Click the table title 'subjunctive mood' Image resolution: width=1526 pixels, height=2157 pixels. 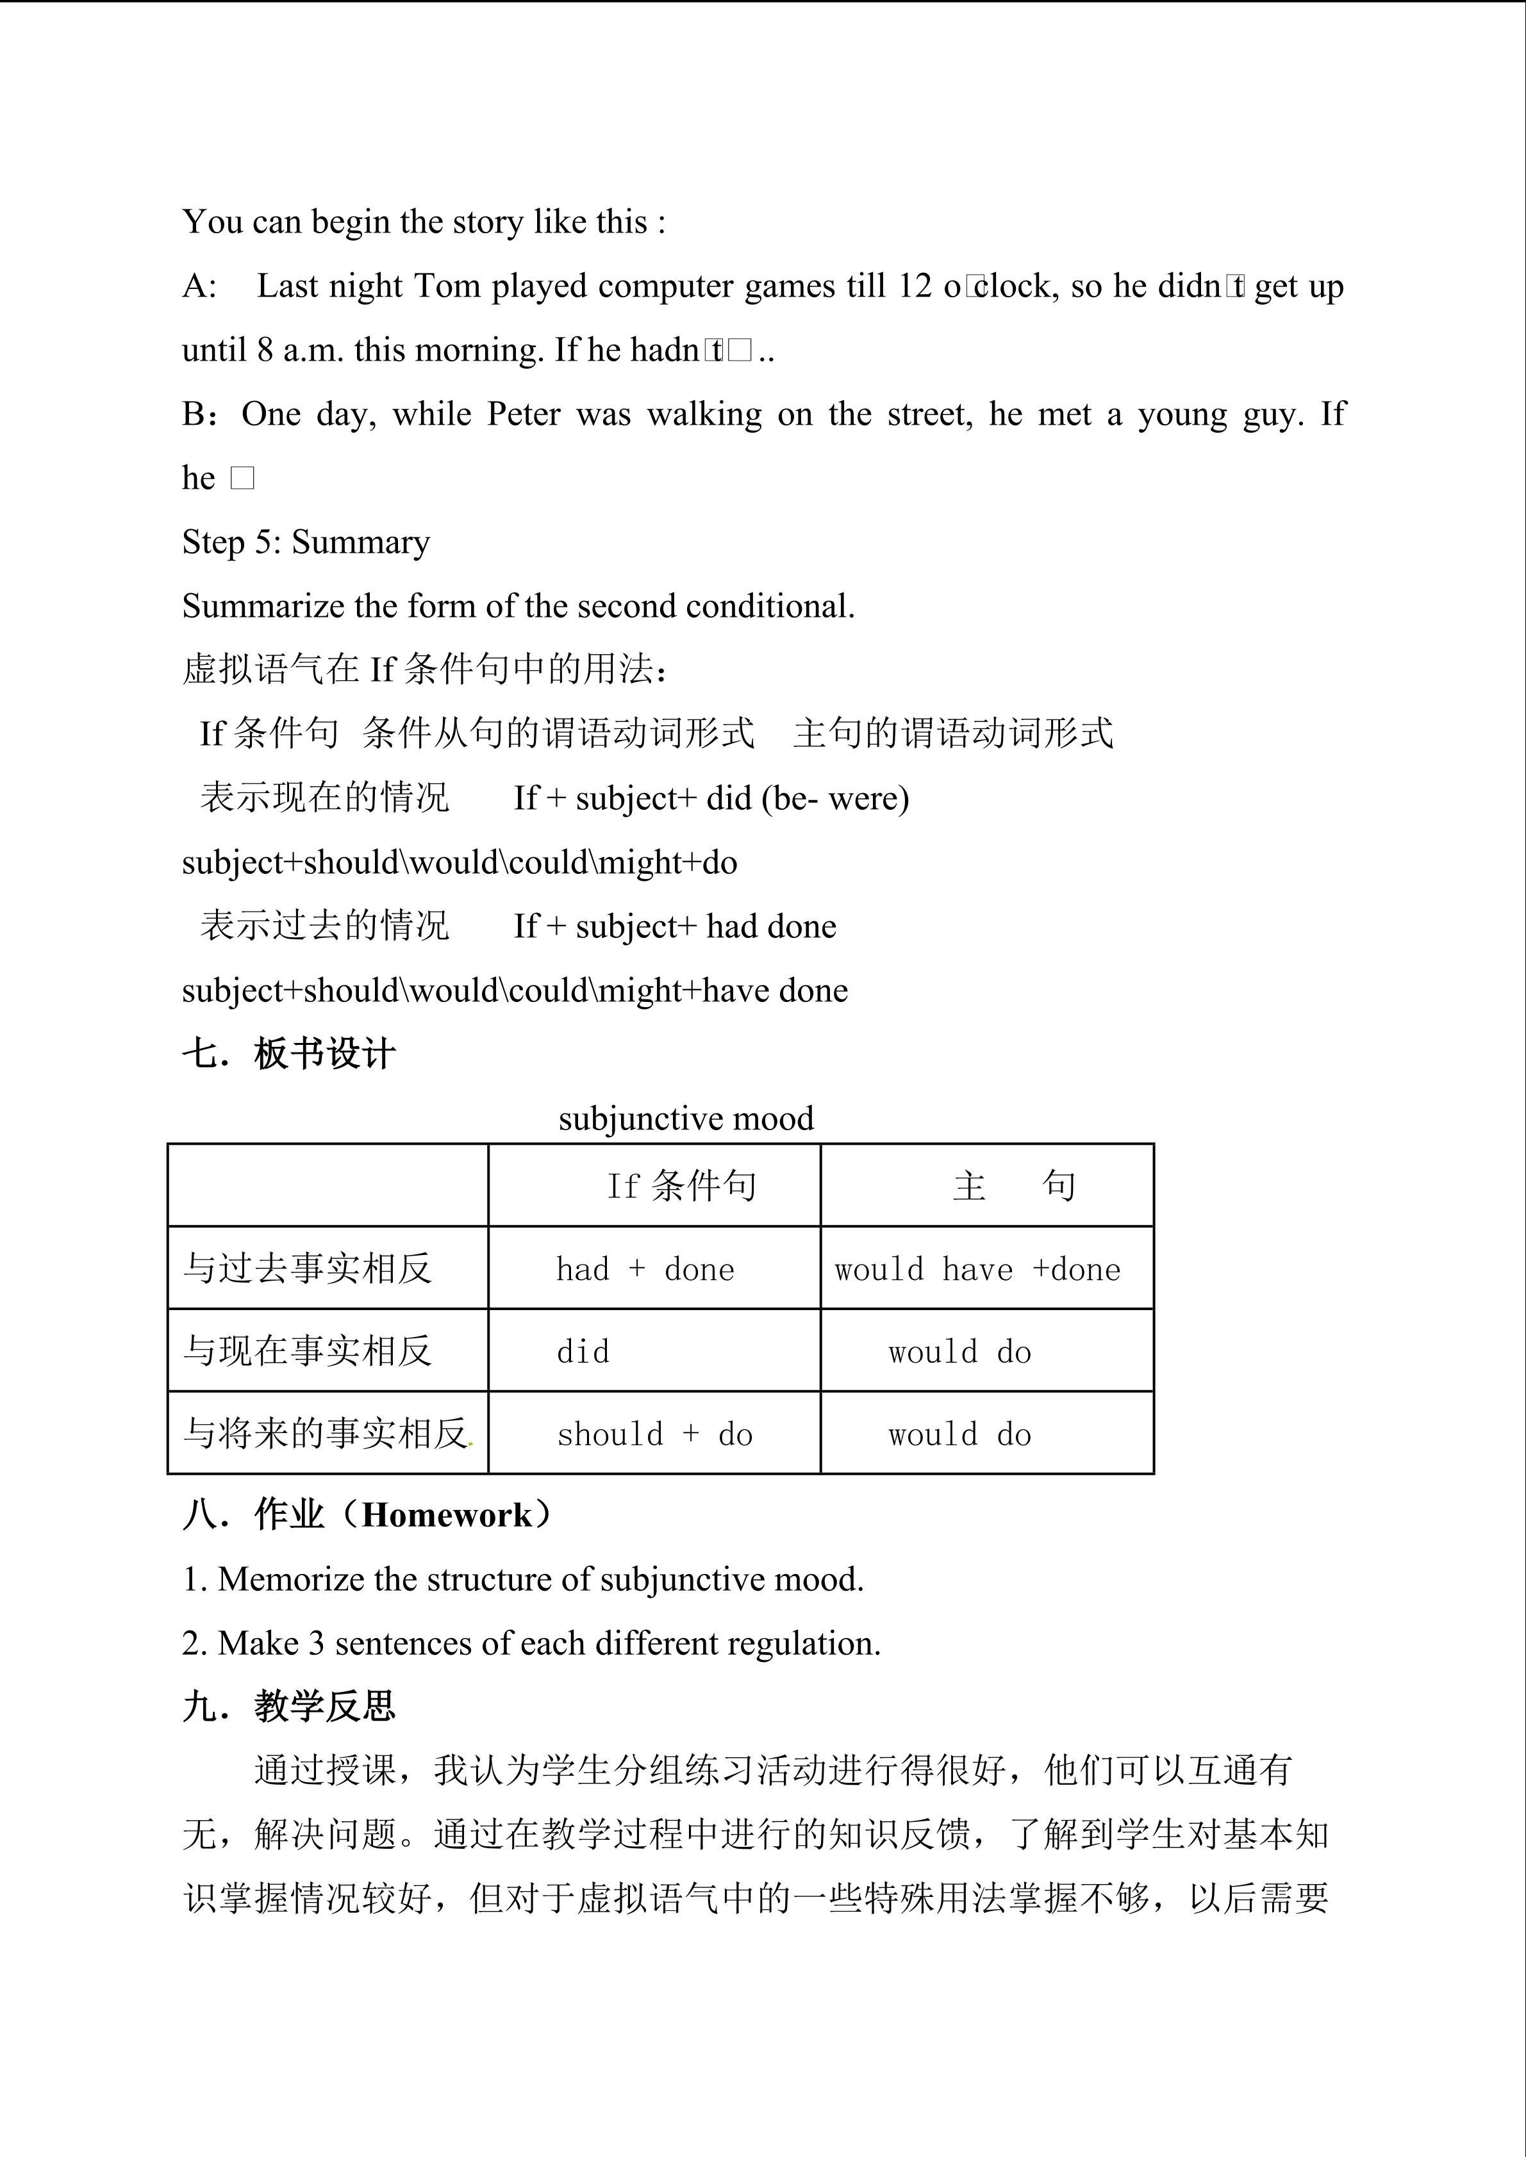pyautogui.click(x=686, y=1118)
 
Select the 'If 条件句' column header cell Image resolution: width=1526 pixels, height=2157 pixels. pyautogui.click(x=681, y=1186)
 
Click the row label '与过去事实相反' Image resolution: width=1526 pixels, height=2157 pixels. pyautogui.click(x=307, y=1268)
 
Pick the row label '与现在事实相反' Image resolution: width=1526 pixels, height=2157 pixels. pyautogui.click(x=307, y=1351)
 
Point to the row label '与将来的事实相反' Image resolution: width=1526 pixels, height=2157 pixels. pyautogui.click(x=325, y=1434)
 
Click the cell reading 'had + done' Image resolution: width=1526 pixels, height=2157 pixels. pyautogui.click(x=645, y=1269)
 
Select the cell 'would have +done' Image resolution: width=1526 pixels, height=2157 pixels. pyautogui.click(x=977, y=1269)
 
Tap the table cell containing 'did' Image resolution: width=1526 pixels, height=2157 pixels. pyautogui.click(x=583, y=1352)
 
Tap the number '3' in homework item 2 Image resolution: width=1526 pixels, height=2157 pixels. pyautogui.click(x=317, y=1643)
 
